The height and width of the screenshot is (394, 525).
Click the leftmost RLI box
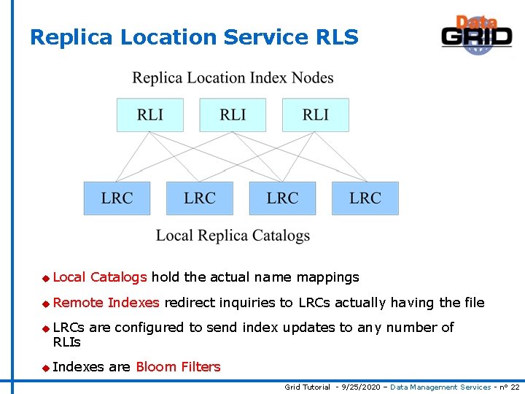[150, 115]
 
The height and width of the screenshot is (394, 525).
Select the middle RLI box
[233, 115]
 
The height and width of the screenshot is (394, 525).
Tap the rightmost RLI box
[316, 115]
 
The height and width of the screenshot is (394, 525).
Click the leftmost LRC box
[117, 198]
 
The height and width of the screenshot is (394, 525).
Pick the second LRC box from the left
[200, 198]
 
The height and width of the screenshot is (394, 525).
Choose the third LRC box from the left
[282, 198]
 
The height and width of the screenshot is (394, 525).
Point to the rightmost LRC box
[365, 198]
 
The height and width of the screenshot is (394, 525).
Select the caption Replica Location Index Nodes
[233, 78]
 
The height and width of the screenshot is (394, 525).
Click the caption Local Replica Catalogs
[233, 236]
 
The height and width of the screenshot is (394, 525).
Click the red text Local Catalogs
[100, 277]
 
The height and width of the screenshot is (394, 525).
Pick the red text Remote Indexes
[106, 303]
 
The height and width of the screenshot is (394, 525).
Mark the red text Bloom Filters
[178, 367]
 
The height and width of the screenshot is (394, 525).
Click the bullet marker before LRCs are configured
[46, 328]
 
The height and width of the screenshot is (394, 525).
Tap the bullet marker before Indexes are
[46, 368]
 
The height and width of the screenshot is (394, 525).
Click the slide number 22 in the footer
[515, 387]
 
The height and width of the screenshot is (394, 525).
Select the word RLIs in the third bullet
[67, 342]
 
